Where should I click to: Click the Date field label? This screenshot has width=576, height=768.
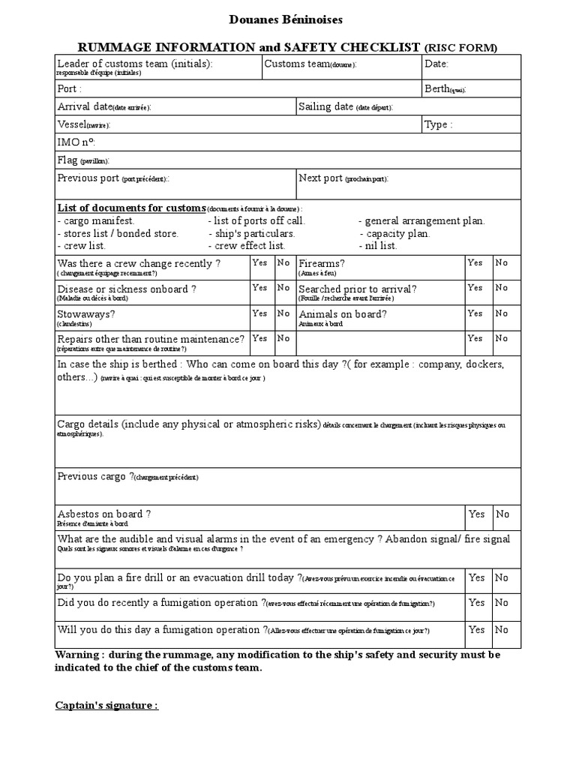436,64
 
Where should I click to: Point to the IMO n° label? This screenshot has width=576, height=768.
76,142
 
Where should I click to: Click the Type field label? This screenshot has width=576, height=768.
439,125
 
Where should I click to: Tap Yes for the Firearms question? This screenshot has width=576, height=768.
475,263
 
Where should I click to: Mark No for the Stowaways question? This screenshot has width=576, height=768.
283,313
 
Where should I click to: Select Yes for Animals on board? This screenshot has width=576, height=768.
475,313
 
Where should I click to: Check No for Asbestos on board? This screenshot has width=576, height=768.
502,514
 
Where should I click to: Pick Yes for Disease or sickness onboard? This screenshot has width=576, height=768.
259,288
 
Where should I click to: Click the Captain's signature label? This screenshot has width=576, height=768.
106,706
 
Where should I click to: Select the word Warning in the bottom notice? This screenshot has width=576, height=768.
77,655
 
